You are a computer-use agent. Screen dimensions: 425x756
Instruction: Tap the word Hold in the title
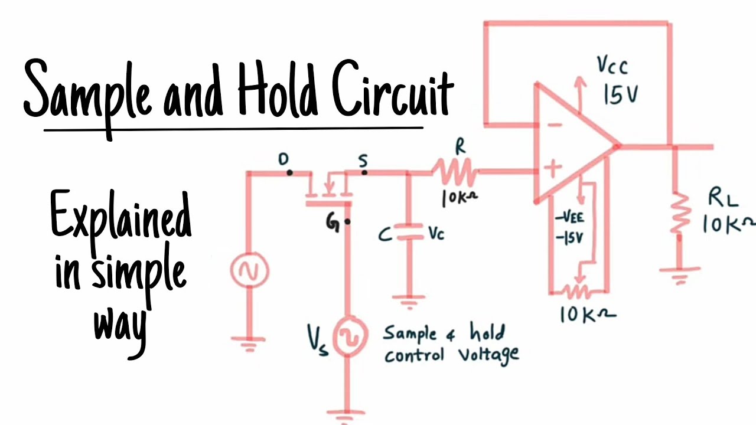point(278,94)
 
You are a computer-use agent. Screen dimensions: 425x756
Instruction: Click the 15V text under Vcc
point(620,94)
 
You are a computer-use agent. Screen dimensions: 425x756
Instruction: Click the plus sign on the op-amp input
point(552,169)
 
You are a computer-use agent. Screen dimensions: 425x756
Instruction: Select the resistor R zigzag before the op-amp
point(456,172)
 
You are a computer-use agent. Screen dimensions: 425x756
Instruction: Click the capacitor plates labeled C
point(406,234)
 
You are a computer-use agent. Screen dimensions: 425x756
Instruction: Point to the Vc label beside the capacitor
point(436,234)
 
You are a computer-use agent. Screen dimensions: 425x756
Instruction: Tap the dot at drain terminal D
point(289,172)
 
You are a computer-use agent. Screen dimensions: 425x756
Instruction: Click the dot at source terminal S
point(364,172)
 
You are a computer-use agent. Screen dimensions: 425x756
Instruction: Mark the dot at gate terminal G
point(347,223)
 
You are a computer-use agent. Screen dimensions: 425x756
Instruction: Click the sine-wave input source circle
point(249,271)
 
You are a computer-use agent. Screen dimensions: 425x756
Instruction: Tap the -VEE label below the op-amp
point(569,218)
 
